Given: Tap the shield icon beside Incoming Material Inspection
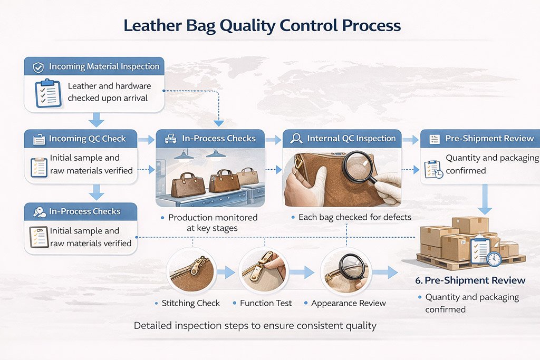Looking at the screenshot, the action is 38,67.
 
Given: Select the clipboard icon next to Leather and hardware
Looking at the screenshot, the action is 48,93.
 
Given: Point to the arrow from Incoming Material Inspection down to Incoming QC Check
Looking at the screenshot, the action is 97,120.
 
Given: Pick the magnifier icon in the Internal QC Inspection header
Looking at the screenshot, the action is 296,138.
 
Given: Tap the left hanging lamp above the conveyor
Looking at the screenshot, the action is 184,155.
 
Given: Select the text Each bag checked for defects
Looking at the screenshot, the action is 355,217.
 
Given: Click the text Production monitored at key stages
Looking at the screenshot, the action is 213,222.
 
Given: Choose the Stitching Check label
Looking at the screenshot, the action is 190,303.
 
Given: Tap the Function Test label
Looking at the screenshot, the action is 266,303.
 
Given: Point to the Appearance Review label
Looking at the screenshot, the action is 348,303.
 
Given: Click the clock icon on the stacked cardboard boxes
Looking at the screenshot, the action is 494,258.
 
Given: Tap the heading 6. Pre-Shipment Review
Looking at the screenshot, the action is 470,280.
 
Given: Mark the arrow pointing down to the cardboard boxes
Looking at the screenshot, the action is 485,199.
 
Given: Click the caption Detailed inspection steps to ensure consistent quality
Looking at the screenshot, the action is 255,326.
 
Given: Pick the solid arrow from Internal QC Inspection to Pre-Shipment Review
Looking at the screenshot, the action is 410,140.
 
